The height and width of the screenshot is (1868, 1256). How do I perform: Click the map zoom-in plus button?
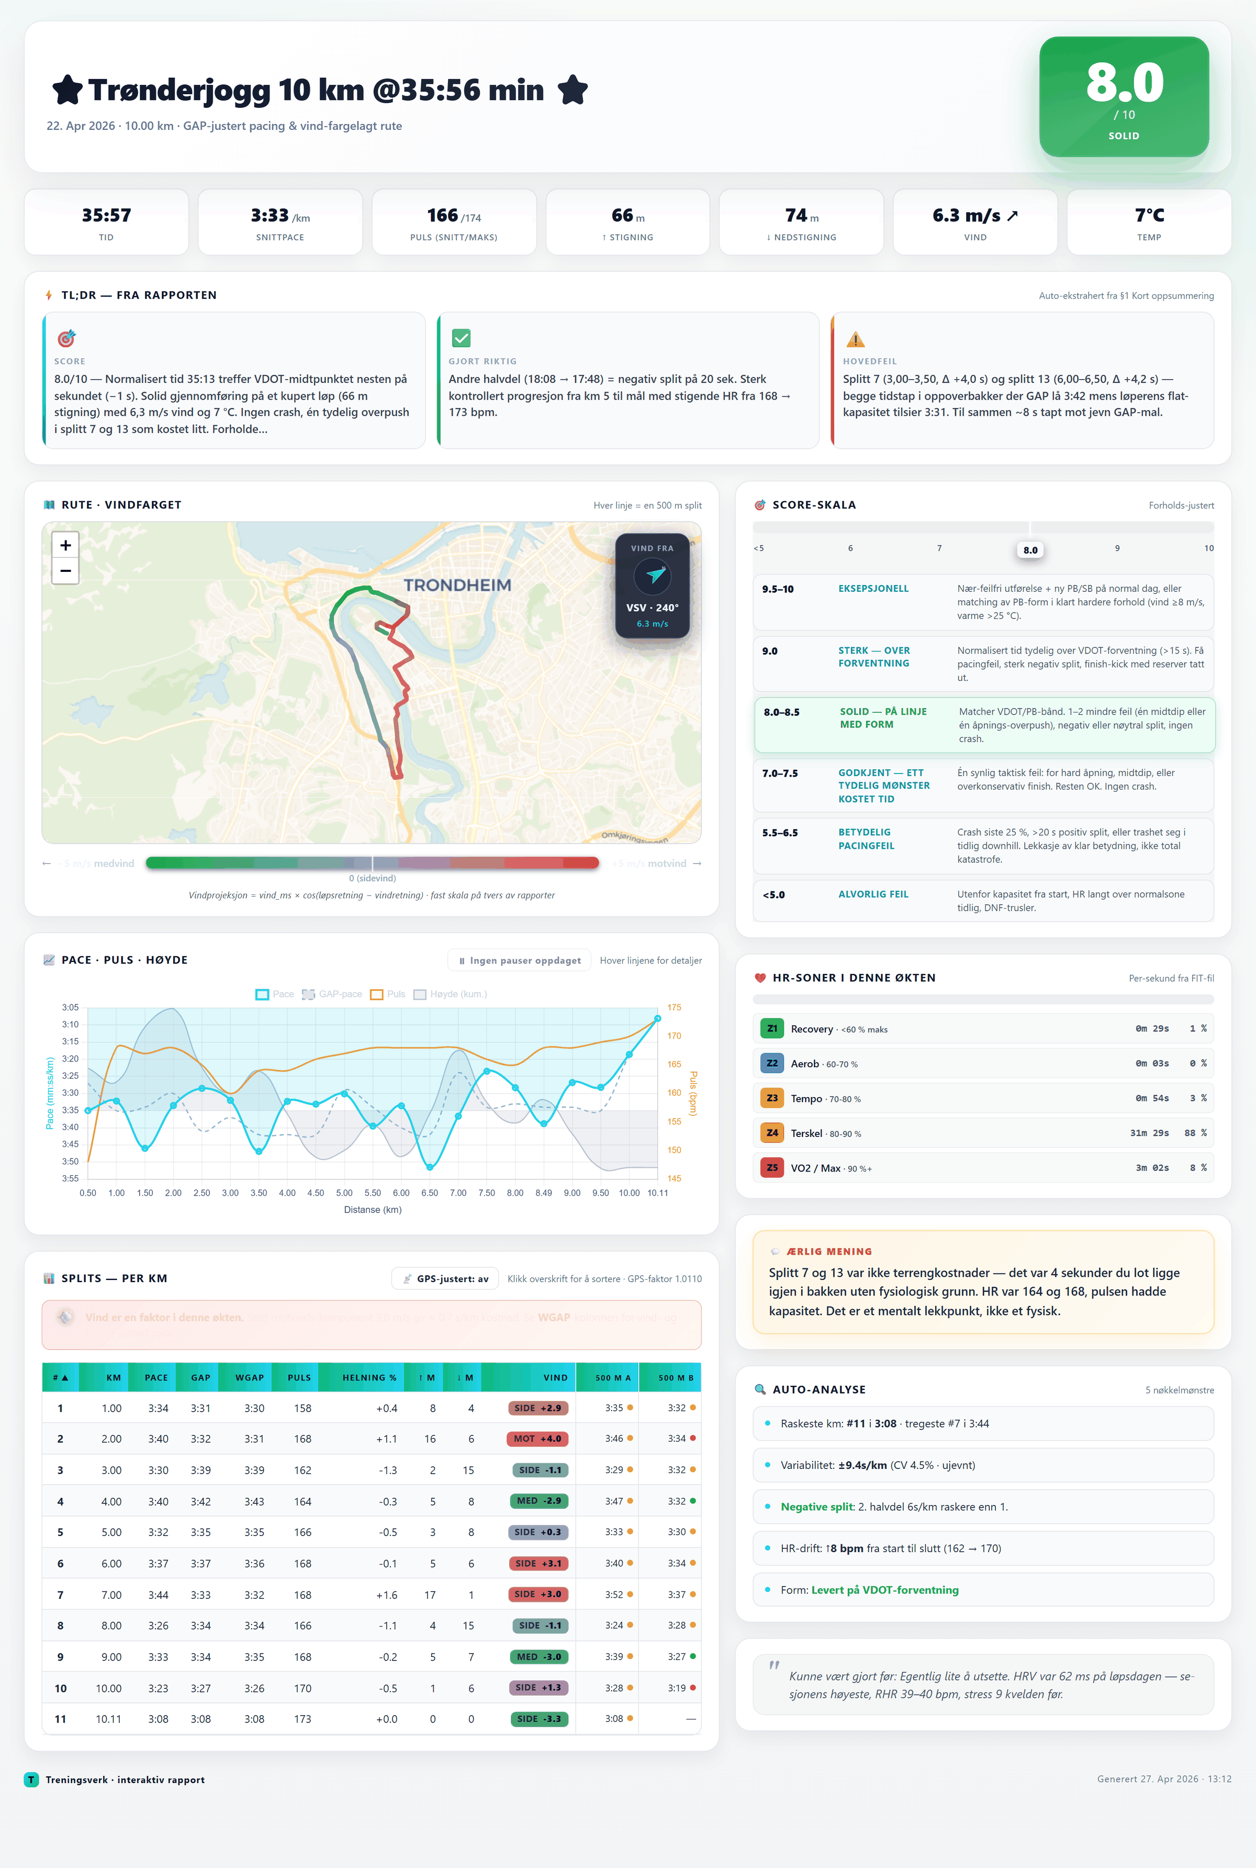66,545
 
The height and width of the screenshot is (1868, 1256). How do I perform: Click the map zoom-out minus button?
66,571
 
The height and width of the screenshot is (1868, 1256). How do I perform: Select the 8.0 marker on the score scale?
1030,550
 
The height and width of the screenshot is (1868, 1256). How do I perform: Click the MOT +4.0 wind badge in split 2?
537,1439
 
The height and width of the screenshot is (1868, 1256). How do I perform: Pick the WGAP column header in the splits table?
249,1377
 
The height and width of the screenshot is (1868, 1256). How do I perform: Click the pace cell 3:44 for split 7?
158,1595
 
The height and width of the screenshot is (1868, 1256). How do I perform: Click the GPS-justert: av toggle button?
445,1278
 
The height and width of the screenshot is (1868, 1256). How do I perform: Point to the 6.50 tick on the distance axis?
429,1192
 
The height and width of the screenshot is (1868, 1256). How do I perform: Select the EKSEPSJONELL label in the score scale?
873,588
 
